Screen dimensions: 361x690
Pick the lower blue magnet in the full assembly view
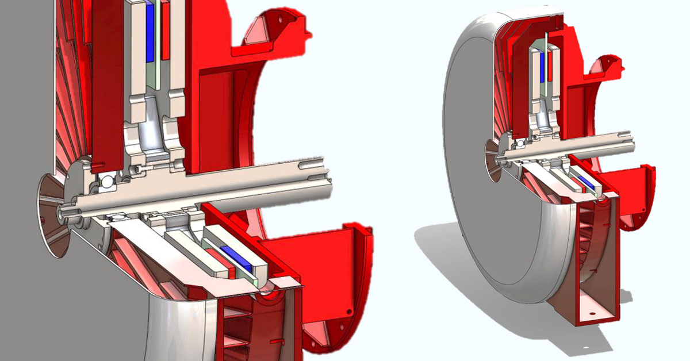point(588,184)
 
